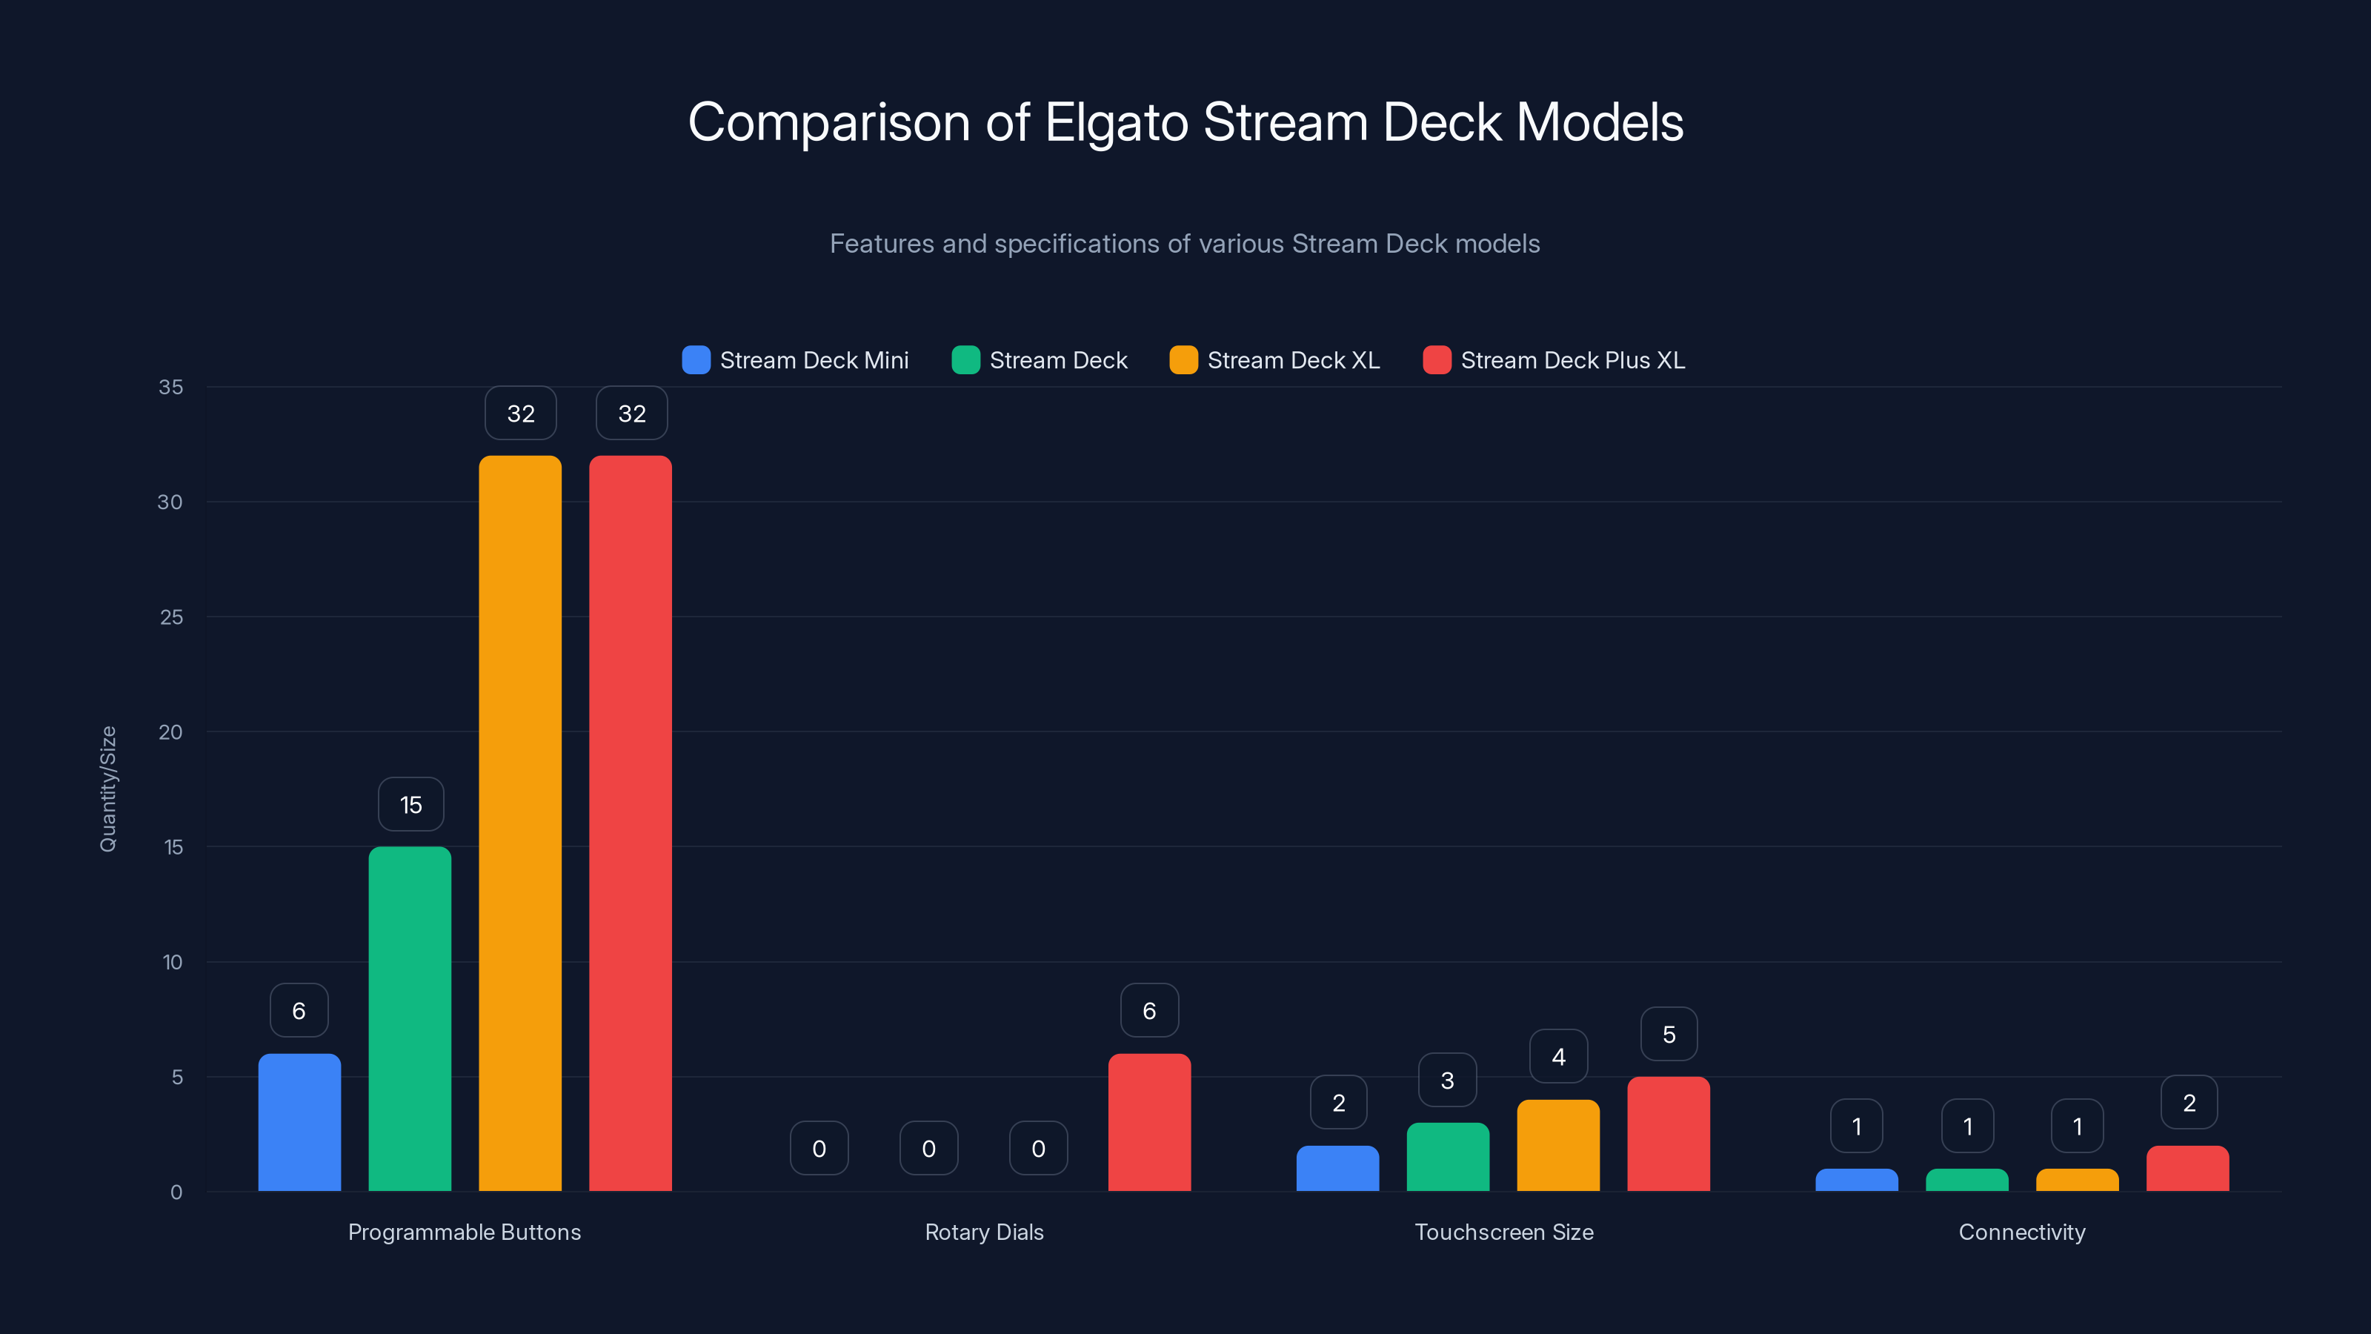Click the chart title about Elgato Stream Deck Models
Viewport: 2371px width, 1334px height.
[x=1185, y=122]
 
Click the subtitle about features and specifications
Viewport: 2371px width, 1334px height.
[x=1185, y=244]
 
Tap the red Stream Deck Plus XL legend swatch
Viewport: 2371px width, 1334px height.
[x=1437, y=360]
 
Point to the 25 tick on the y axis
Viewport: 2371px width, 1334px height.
[x=171, y=617]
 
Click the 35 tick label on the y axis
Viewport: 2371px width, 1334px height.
[x=171, y=387]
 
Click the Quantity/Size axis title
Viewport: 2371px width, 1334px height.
[x=107, y=789]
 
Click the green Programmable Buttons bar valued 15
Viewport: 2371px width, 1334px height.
[x=410, y=1018]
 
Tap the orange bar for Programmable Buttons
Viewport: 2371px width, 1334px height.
[x=520, y=823]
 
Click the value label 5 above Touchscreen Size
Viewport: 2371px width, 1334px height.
[x=1669, y=1034]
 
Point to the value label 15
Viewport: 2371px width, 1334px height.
[x=410, y=805]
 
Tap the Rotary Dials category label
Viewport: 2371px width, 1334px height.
[x=984, y=1232]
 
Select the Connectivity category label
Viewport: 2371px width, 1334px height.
[x=2022, y=1232]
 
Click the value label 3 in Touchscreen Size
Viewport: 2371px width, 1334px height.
[x=1447, y=1080]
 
